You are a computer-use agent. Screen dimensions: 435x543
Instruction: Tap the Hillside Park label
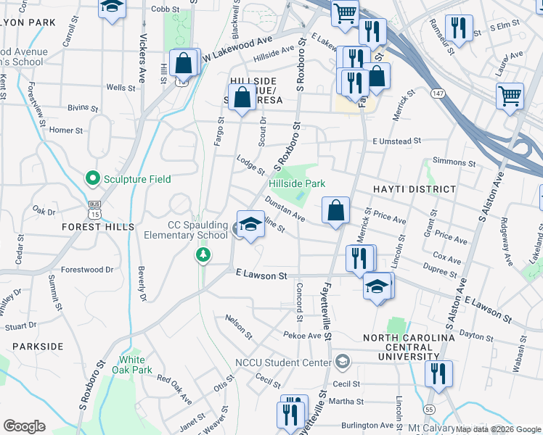(x=297, y=183)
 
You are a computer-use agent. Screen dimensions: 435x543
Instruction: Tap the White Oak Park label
(x=136, y=365)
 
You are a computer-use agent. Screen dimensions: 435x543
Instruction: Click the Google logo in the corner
(x=24, y=426)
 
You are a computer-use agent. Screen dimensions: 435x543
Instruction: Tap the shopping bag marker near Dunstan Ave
(x=335, y=211)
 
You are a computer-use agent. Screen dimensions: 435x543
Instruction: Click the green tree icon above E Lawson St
(x=205, y=254)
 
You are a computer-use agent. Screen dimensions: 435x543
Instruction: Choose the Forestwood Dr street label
(x=87, y=269)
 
